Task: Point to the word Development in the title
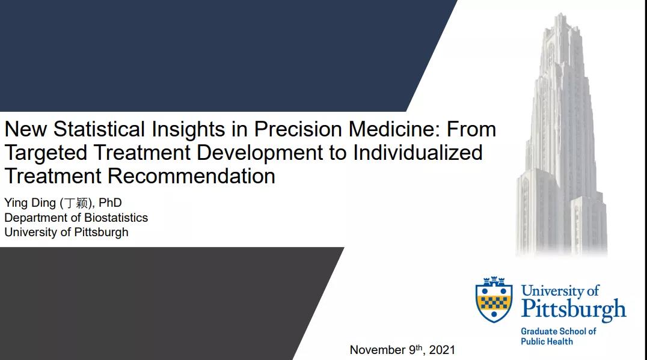[x=260, y=153]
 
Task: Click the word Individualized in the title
[x=417, y=152]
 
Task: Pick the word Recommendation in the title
[x=191, y=175]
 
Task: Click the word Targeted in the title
[x=46, y=153]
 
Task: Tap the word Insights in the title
[x=188, y=130]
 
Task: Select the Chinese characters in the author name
[x=76, y=203]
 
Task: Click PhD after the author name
[x=110, y=203]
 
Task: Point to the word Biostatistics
[x=116, y=218]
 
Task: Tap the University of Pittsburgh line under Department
[x=66, y=233]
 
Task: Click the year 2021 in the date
[x=442, y=350]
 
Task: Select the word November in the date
[x=378, y=350]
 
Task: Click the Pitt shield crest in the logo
[x=494, y=299]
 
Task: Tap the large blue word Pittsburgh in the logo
[x=574, y=310]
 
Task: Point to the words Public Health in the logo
[x=547, y=341]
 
